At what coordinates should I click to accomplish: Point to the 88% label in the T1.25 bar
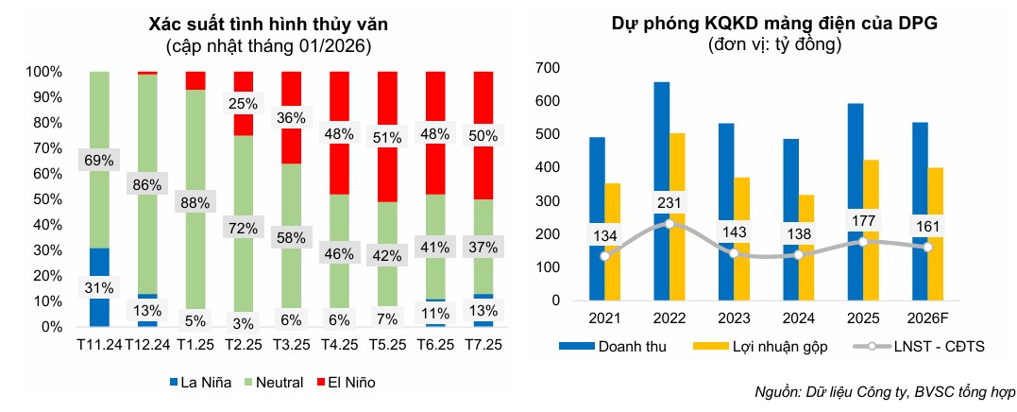(x=195, y=203)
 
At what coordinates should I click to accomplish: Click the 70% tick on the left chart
(x=45, y=148)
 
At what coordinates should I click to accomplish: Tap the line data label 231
(x=670, y=201)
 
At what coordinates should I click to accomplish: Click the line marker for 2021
(x=603, y=256)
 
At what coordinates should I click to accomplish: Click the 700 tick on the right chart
(x=548, y=68)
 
